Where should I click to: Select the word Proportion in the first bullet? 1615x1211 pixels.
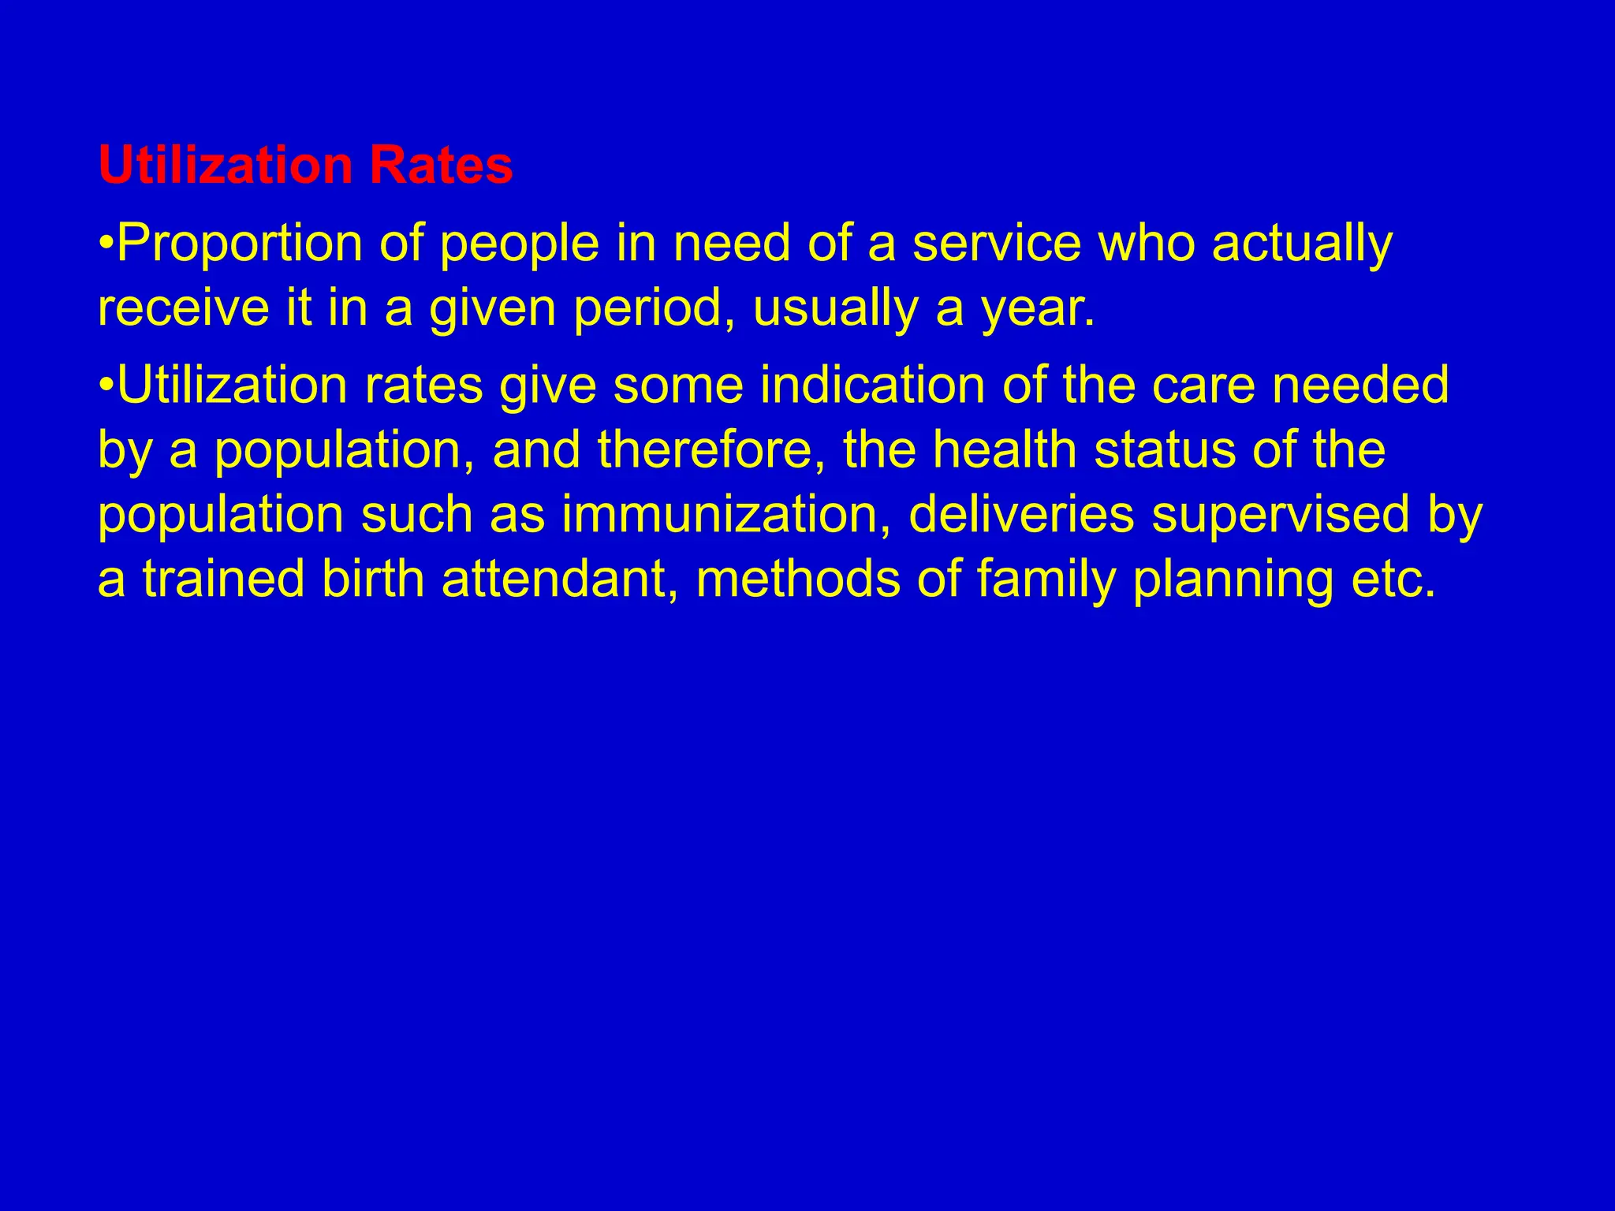[241, 244]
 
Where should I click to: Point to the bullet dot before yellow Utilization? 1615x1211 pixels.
[106, 386]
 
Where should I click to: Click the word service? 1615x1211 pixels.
[997, 244]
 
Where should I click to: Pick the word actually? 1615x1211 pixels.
[1302, 245]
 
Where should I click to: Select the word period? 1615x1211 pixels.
[655, 309]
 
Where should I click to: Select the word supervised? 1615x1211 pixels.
[1281, 515]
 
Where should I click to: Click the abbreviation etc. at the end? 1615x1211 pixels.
[1393, 579]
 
